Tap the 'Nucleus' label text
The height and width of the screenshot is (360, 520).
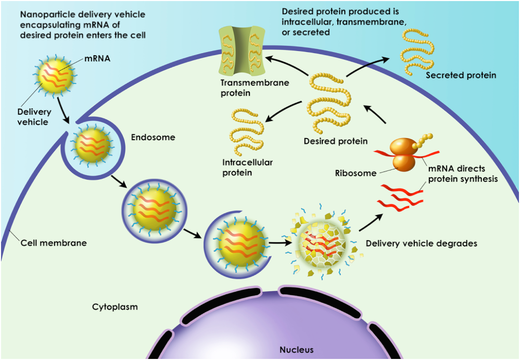tap(296, 350)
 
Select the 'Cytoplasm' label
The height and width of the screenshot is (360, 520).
tap(115, 307)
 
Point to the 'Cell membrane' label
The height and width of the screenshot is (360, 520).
tap(54, 243)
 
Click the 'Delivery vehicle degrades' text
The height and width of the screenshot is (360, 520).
tap(421, 243)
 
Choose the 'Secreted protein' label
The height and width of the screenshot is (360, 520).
tap(461, 76)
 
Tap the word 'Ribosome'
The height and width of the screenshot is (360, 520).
tap(356, 173)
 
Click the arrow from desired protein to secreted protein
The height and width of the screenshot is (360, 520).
tap(367, 67)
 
